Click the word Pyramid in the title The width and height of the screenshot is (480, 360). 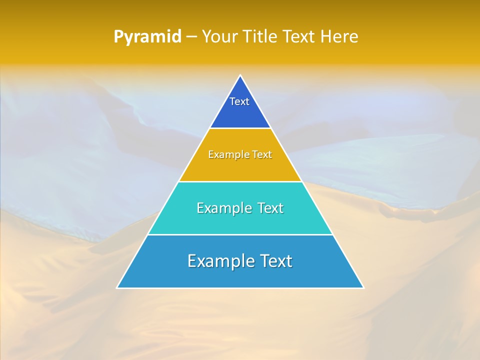pyautogui.click(x=147, y=37)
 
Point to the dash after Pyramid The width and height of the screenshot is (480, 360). pyautogui.click(x=191, y=37)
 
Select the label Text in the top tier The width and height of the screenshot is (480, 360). pyautogui.click(x=239, y=101)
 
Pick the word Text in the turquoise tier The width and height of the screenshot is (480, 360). pyautogui.click(x=269, y=208)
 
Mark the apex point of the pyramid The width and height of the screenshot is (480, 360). pyautogui.click(x=240, y=76)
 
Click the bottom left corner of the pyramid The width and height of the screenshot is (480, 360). pyautogui.click(x=117, y=287)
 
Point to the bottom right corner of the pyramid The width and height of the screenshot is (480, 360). pyautogui.click(x=363, y=287)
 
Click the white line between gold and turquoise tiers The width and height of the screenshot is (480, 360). pyautogui.click(x=240, y=181)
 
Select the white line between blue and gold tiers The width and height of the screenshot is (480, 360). pyautogui.click(x=240, y=128)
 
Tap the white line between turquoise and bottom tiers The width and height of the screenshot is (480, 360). pyautogui.click(x=240, y=234)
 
